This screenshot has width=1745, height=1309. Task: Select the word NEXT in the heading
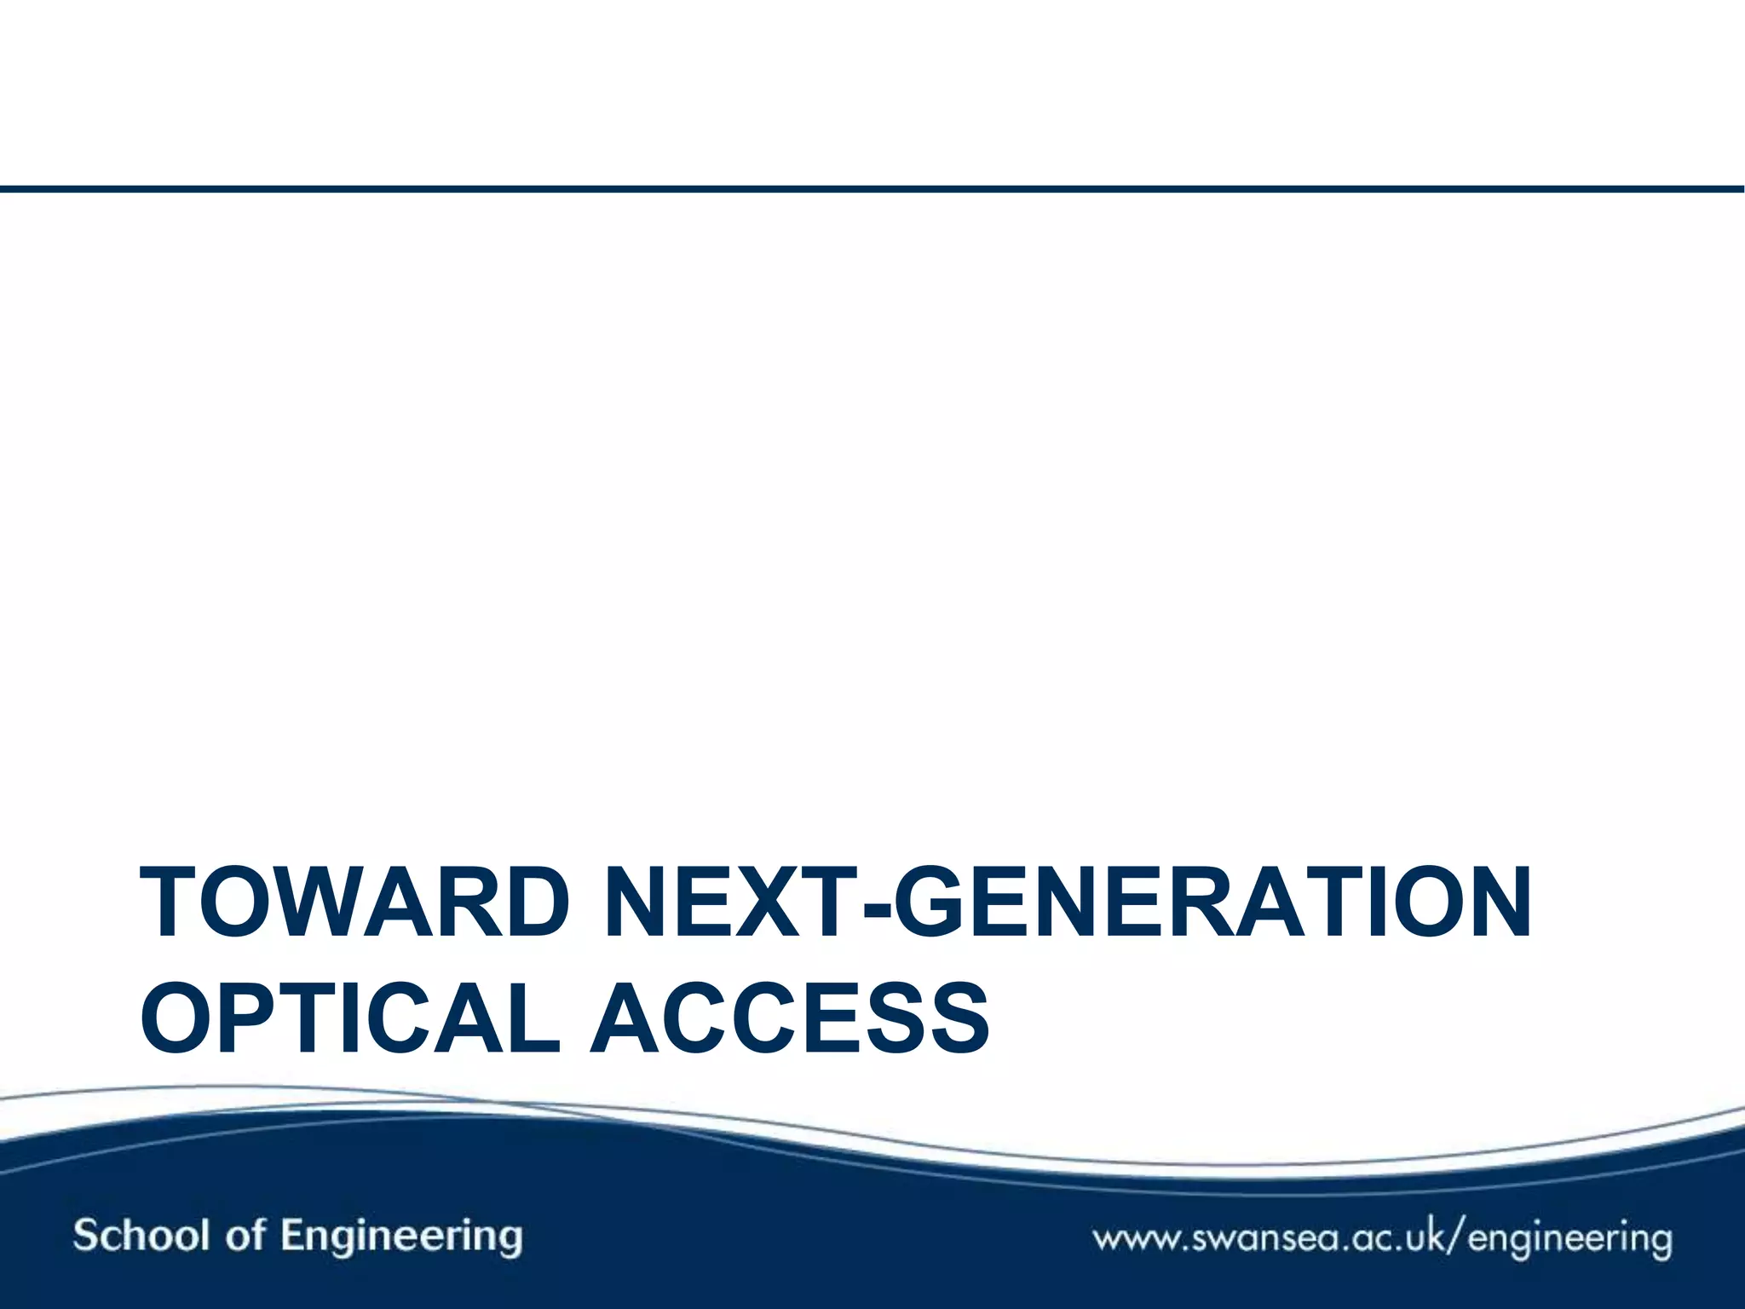(731, 902)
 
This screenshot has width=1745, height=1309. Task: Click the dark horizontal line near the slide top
(872, 189)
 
